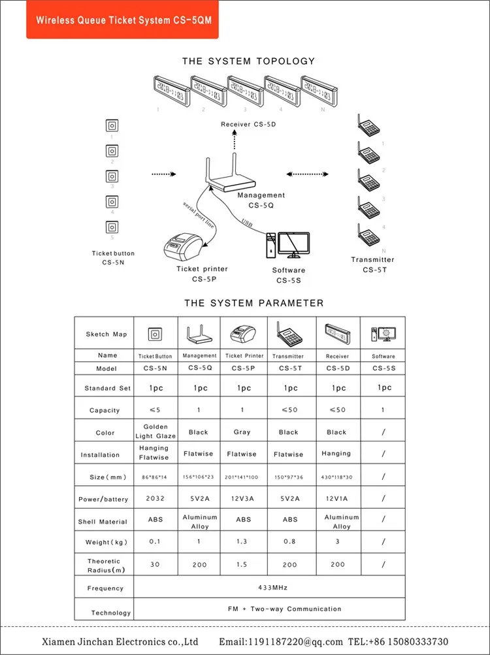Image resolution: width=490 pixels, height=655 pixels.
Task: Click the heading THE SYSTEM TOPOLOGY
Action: click(248, 61)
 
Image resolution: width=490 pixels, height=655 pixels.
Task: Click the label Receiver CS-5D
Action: click(248, 123)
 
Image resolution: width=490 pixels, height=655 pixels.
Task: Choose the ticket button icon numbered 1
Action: click(112, 125)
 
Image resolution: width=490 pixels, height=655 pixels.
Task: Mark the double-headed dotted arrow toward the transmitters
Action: click(309, 174)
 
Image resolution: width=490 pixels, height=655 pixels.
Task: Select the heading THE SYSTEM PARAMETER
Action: click(253, 303)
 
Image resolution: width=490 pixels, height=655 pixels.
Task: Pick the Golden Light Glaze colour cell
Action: click(155, 432)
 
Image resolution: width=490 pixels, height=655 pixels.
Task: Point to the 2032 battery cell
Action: click(155, 498)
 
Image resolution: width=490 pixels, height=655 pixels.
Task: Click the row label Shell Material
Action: click(103, 522)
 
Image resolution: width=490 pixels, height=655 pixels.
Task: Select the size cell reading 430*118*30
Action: click(338, 477)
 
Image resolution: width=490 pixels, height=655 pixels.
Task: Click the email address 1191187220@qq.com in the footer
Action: click(281, 642)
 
